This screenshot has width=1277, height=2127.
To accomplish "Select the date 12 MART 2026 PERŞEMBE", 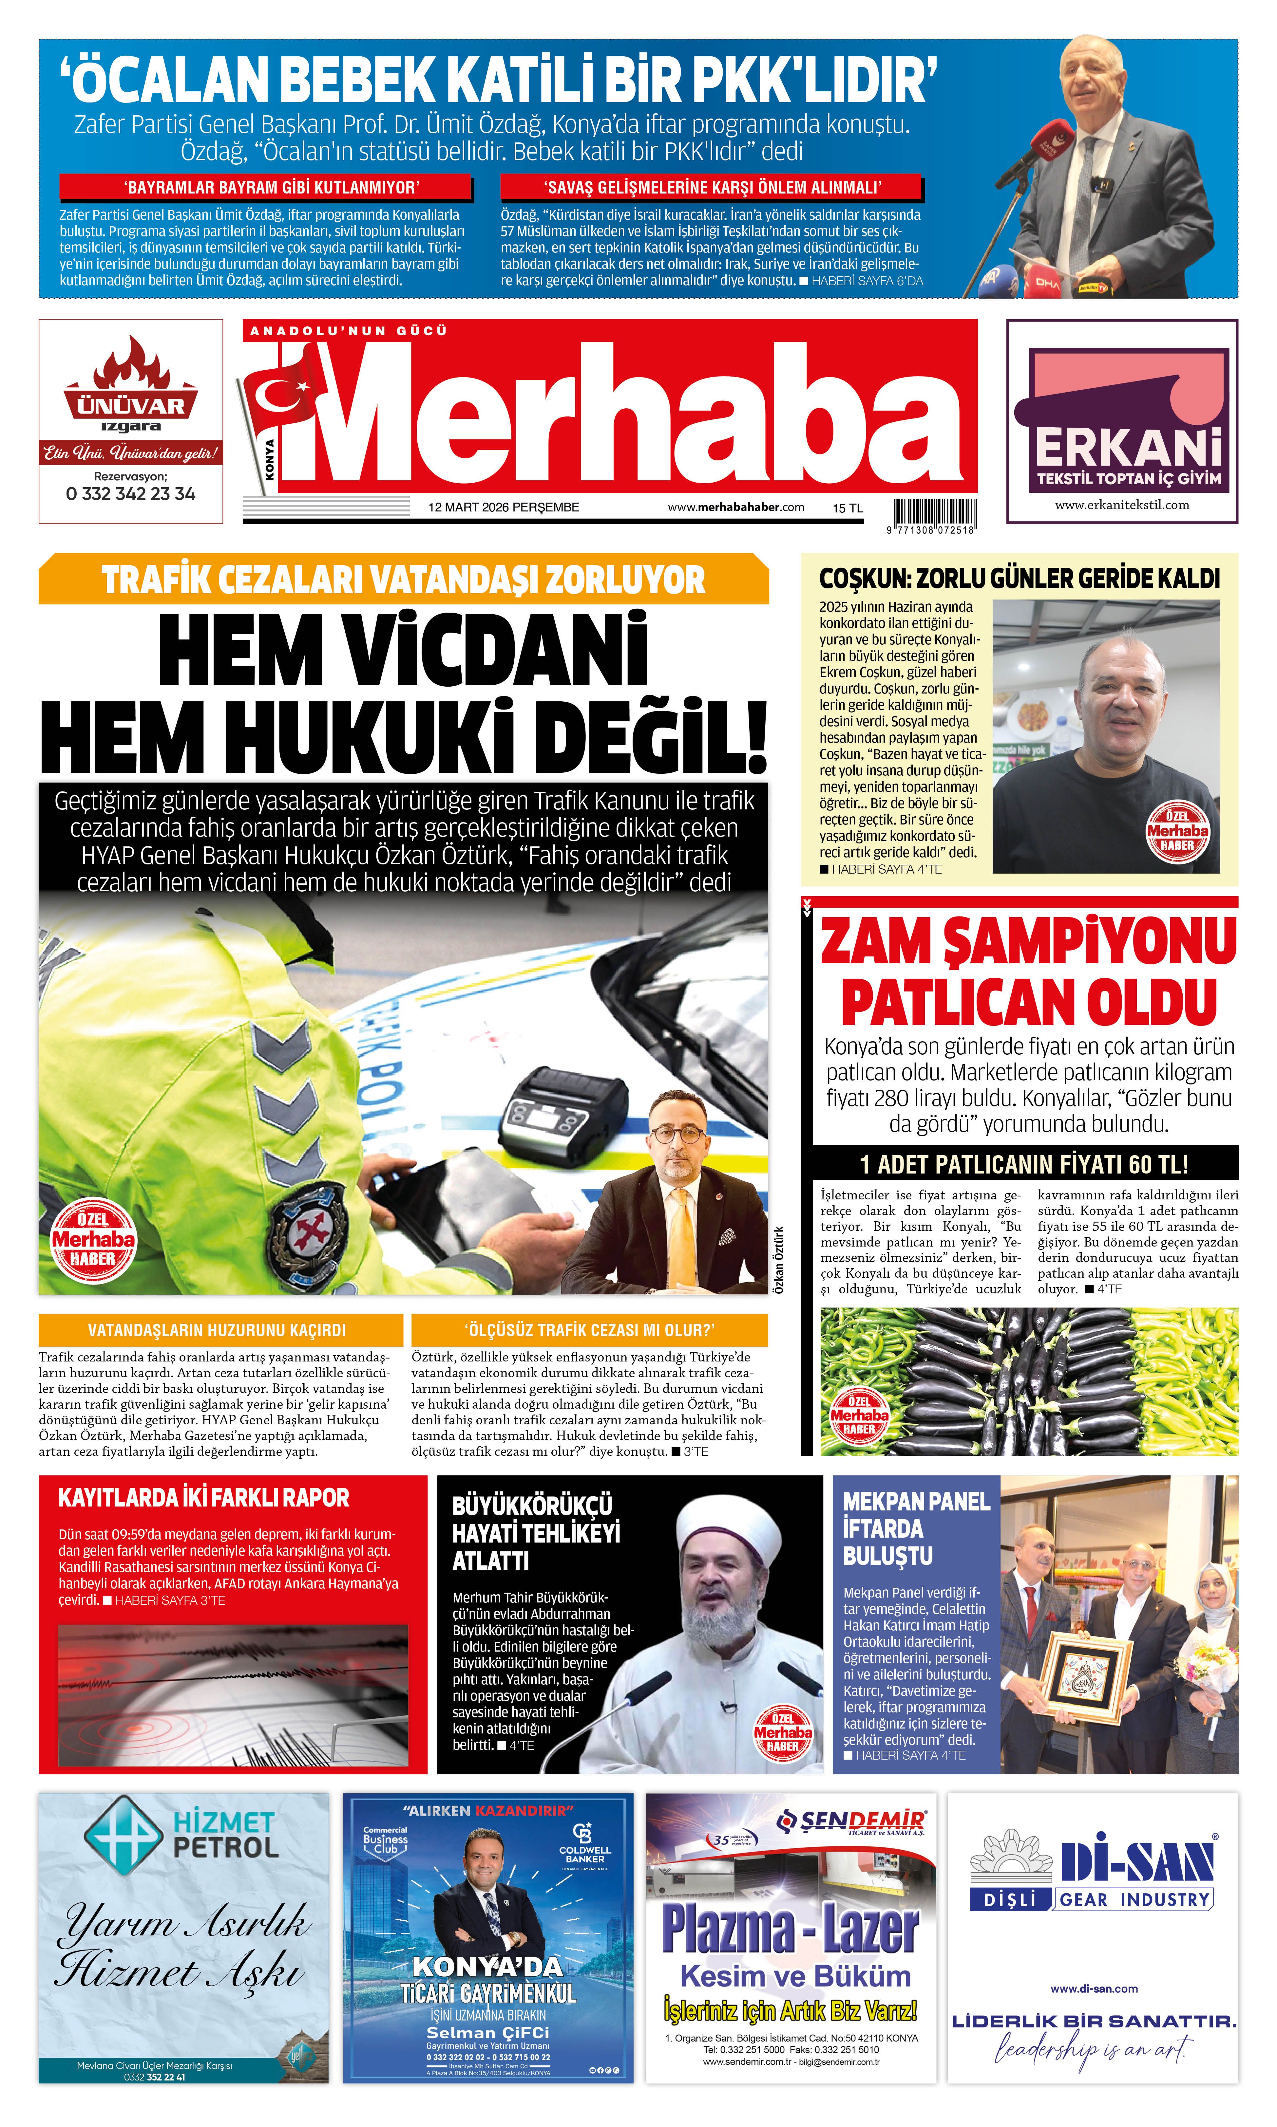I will [504, 508].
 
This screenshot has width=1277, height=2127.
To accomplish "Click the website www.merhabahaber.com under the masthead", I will [736, 508].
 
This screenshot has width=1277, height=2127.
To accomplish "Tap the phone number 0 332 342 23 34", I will [131, 494].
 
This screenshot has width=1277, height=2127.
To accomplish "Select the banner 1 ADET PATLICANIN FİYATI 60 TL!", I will [1024, 1165].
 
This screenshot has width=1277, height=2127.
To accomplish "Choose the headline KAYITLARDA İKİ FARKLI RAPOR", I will [204, 1497].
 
